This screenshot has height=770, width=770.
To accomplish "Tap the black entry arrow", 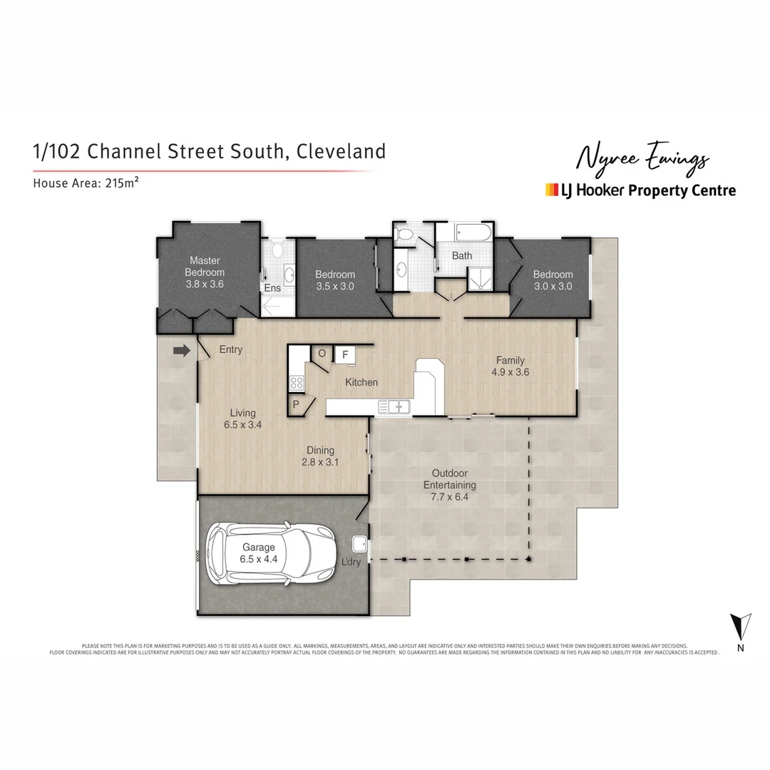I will click(182, 350).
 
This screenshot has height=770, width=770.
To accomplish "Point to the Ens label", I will click(272, 289).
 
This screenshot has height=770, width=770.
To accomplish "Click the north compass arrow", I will click(741, 627).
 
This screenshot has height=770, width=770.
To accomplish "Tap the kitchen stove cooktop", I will click(296, 383).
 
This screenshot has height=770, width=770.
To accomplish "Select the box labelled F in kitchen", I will click(345, 354).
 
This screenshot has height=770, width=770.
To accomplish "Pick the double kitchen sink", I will click(394, 407).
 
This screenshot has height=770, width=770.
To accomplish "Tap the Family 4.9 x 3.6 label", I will click(510, 366).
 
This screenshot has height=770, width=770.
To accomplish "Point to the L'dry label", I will click(352, 562).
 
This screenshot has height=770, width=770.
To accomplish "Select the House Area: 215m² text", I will click(86, 183).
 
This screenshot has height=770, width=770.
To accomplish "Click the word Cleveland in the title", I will click(341, 151).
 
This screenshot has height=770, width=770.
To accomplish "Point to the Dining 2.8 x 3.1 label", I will click(320, 456).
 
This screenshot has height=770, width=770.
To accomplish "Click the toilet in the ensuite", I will click(277, 249).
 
